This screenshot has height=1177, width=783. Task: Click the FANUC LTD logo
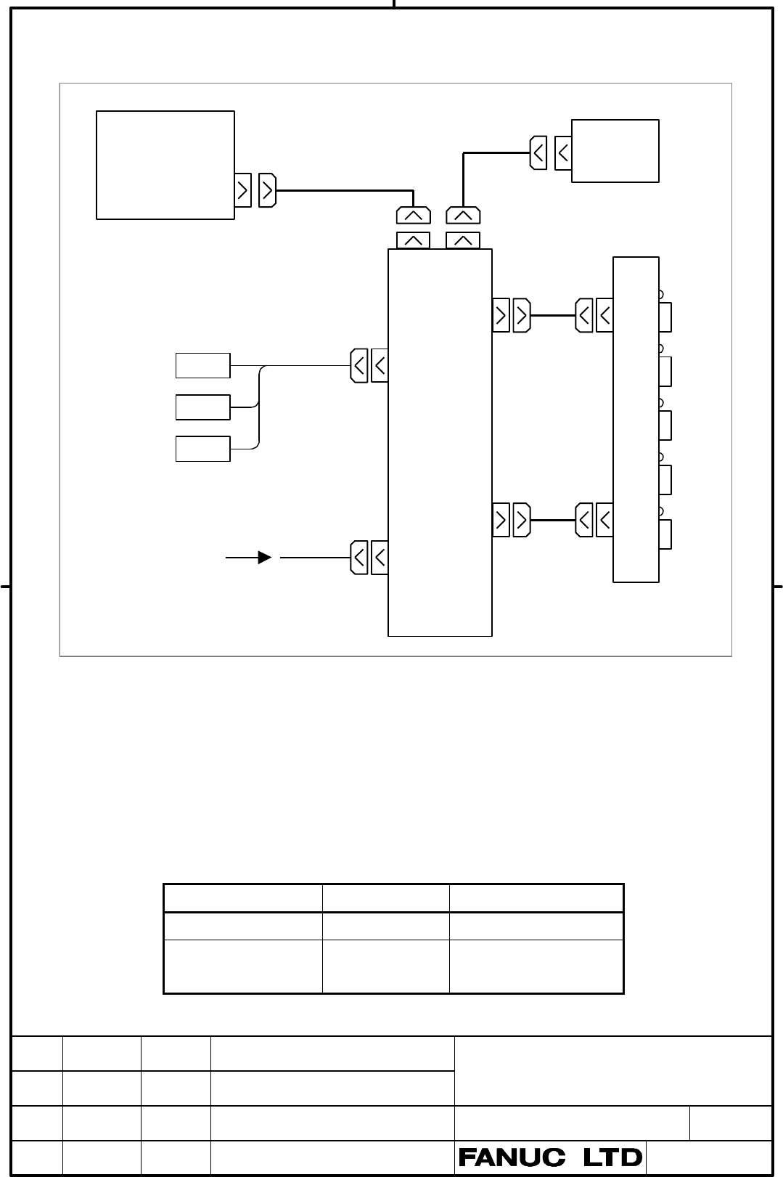point(550,1157)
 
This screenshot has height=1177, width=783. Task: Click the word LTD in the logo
point(613,1157)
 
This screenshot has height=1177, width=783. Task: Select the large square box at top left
point(165,165)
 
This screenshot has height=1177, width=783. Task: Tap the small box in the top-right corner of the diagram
point(615,151)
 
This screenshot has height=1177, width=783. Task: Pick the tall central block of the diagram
point(440,442)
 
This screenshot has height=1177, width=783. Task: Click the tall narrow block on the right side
point(636,419)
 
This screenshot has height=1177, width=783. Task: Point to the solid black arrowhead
point(265,558)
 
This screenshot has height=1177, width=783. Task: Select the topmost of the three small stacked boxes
point(202,365)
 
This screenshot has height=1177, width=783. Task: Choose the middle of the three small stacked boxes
point(202,407)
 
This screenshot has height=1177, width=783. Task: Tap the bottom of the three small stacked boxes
point(202,449)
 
